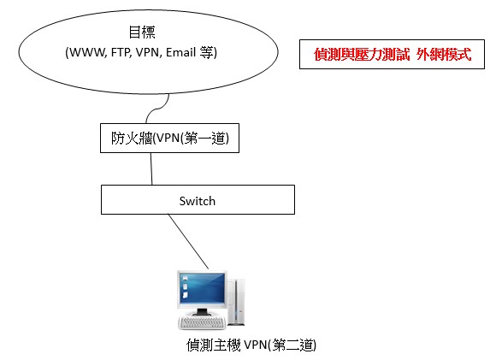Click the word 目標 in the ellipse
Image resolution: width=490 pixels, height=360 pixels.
click(x=142, y=32)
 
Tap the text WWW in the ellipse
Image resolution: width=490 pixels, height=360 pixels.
click(x=87, y=52)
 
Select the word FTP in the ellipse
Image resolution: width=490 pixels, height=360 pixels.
click(x=121, y=52)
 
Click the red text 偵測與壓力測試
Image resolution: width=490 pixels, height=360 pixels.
click(x=362, y=55)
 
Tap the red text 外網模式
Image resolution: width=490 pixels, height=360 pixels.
click(x=444, y=55)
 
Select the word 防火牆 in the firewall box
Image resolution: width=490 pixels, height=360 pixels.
click(x=132, y=138)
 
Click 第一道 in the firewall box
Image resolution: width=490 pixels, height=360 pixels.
click(x=204, y=138)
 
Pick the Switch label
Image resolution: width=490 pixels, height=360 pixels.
click(x=198, y=201)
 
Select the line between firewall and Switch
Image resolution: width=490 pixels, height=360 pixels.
click(x=151, y=168)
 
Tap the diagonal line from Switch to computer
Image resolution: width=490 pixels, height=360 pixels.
click(x=188, y=241)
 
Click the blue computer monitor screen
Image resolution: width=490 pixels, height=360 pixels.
click(x=203, y=288)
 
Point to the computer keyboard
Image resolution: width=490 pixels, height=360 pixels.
click(x=202, y=322)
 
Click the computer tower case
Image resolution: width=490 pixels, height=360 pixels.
click(x=236, y=302)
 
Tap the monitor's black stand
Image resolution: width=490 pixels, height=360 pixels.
click(x=202, y=312)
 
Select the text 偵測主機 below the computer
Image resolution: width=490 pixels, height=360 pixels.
click(x=214, y=345)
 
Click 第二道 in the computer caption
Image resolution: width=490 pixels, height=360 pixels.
click(x=292, y=345)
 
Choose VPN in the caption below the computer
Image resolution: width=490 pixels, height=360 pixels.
click(x=255, y=345)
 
